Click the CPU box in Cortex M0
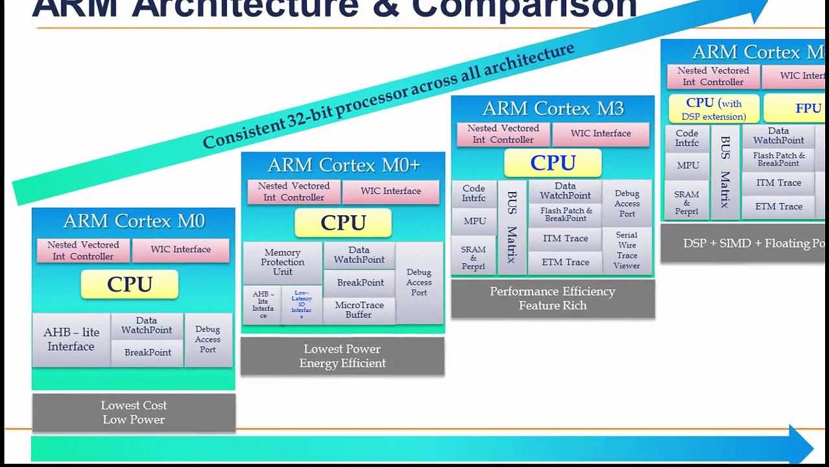coord(130,284)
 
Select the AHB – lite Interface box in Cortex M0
coord(71,339)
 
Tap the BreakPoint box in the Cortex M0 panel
coord(148,353)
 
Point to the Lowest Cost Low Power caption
coord(134,413)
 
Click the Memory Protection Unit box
coord(282,262)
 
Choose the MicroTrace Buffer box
coord(359,309)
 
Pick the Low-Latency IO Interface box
coord(302,304)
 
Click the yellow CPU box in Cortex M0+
coord(343,222)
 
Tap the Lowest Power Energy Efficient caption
coord(342,356)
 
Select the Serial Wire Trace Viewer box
coord(627,250)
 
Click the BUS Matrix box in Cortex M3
coord(512,226)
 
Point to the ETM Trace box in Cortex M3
coord(566,262)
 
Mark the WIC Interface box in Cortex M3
coord(601,134)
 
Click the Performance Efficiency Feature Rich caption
coord(553,298)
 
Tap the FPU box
coord(798,108)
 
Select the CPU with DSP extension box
coord(714,109)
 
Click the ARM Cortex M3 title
coord(553,108)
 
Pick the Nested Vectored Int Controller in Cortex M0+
coord(294,191)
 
